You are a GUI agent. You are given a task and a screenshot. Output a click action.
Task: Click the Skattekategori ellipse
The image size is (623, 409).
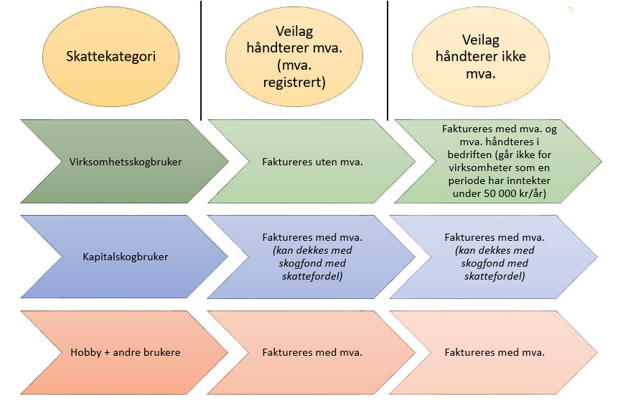111,57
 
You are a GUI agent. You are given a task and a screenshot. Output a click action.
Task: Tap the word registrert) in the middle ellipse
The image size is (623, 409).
295,82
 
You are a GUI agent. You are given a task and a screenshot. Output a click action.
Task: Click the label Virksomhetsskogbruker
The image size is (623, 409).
126,162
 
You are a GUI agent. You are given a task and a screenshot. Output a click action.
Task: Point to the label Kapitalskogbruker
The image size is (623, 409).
126,257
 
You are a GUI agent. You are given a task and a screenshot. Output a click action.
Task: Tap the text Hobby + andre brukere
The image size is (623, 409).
126,352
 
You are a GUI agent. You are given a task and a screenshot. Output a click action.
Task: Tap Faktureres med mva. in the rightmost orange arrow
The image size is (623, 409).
495,352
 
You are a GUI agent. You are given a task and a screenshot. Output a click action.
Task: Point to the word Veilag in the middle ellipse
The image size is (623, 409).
294,32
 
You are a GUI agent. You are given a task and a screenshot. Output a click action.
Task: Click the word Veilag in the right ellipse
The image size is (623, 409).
481,41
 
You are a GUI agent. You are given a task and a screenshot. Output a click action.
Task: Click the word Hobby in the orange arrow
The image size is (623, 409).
85,352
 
